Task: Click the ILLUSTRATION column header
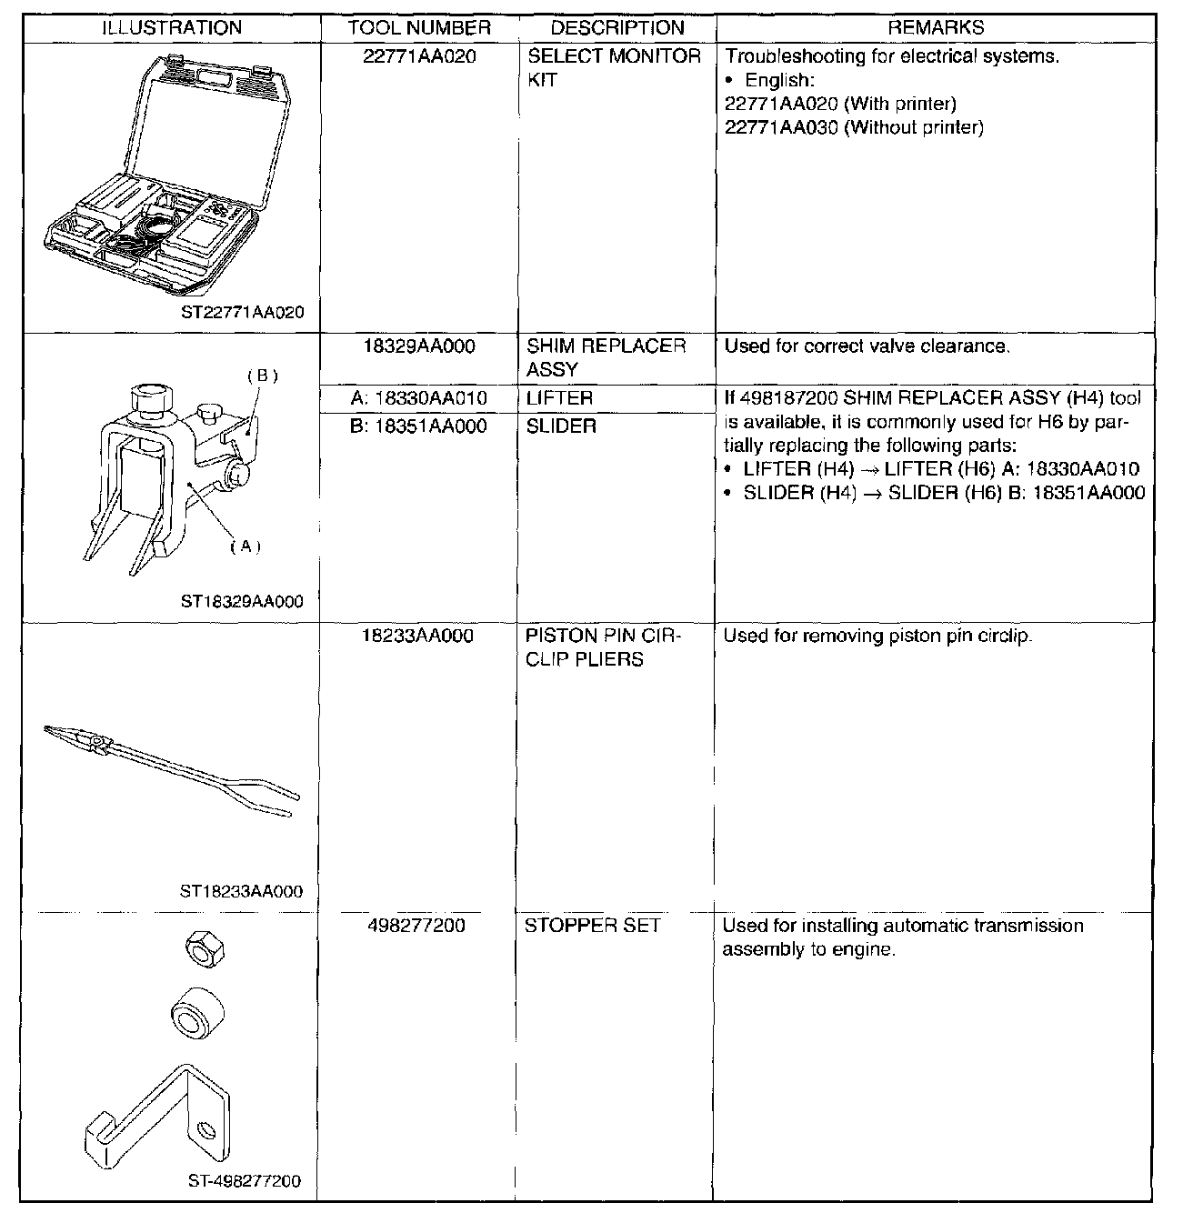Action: (x=172, y=27)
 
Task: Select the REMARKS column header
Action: (x=936, y=27)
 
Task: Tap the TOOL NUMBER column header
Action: (x=419, y=27)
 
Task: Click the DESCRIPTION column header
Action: (x=617, y=27)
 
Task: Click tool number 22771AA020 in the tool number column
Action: (x=419, y=56)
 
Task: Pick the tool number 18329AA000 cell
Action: (x=419, y=346)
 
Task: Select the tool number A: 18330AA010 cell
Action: (x=419, y=398)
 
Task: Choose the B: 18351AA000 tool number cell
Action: (x=419, y=426)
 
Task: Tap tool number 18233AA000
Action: (x=419, y=637)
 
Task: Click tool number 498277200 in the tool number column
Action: (x=419, y=926)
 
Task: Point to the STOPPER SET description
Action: (x=591, y=926)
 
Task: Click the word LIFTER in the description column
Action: (x=559, y=398)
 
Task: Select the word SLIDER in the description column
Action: (x=561, y=426)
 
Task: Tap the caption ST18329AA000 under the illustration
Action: (x=242, y=601)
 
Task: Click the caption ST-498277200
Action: (x=245, y=1182)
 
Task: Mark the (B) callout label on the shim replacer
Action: (x=262, y=375)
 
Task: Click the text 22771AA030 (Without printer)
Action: (x=854, y=127)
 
